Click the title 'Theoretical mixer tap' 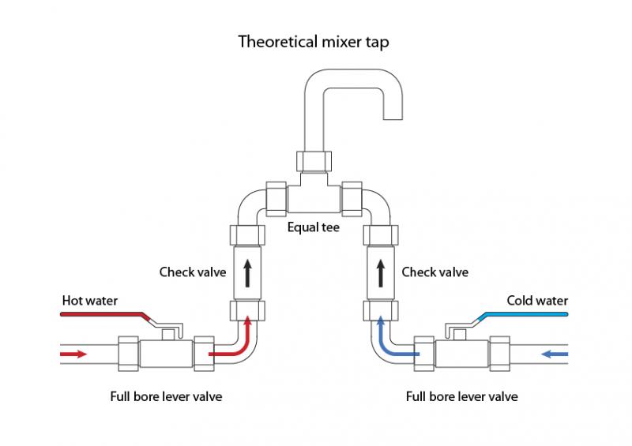point(316,41)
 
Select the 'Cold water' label point(537,301)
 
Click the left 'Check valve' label point(193,272)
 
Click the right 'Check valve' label point(434,272)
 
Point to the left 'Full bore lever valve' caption point(166,396)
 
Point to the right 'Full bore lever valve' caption point(461,396)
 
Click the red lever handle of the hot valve point(103,316)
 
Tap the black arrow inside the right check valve point(380,273)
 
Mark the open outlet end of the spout point(392,111)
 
